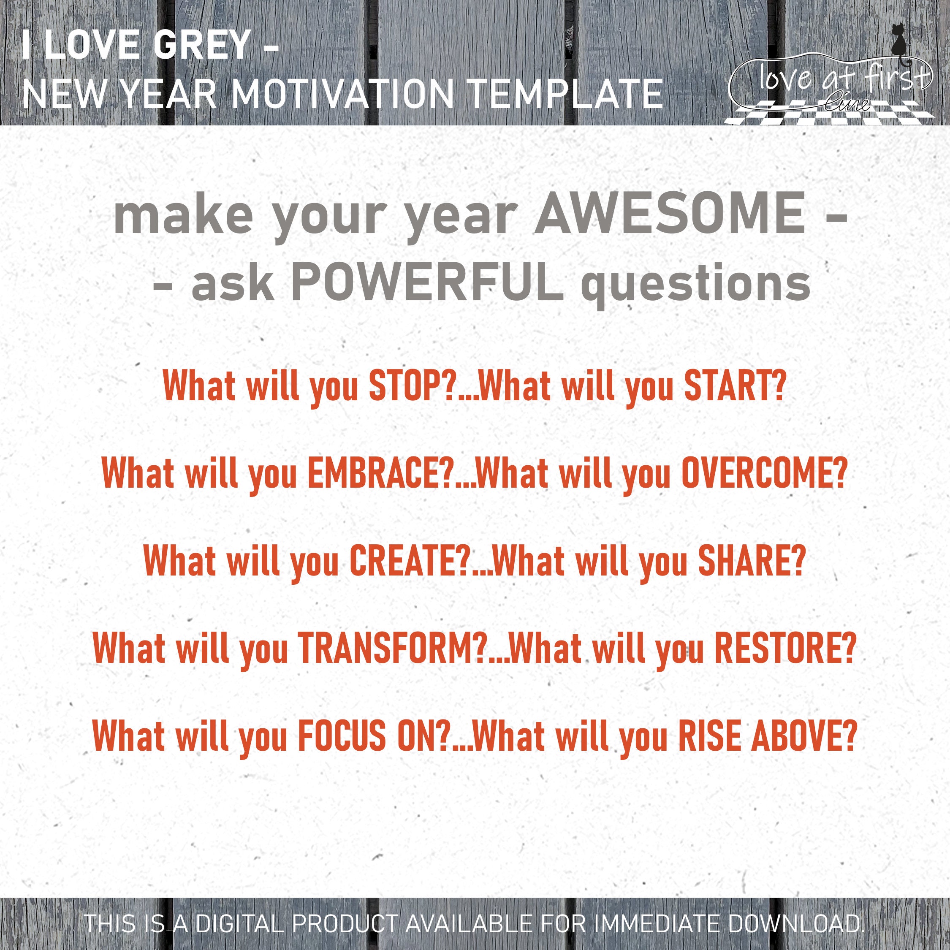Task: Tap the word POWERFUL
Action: pos(427,284)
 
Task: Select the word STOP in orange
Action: pos(406,386)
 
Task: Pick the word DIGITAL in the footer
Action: pos(239,923)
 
